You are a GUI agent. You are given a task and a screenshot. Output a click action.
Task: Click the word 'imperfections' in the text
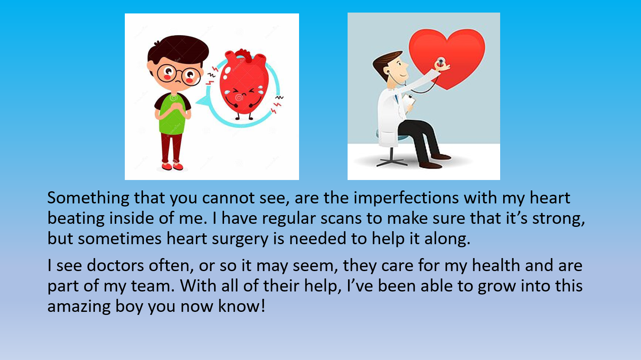[406, 198]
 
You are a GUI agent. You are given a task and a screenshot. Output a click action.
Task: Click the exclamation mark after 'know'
[263, 306]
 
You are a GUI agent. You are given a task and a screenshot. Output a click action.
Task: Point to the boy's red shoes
[172, 166]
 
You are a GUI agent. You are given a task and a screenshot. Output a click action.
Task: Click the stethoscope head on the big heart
[441, 61]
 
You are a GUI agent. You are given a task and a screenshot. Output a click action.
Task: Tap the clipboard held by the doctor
[409, 101]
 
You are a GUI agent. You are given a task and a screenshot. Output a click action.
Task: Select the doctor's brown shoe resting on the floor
[430, 165]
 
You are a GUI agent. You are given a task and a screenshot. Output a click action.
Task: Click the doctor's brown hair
[385, 63]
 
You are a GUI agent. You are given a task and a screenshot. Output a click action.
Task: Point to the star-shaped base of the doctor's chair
[391, 162]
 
